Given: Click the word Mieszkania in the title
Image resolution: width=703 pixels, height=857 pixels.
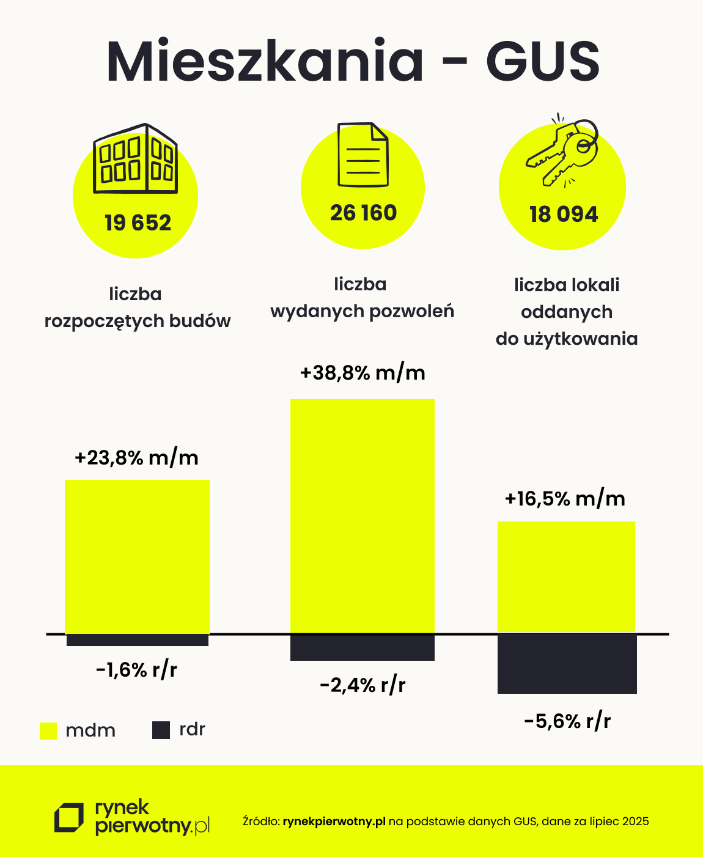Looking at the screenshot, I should (x=265, y=61).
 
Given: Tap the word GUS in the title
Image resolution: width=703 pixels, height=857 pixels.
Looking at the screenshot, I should (x=543, y=61).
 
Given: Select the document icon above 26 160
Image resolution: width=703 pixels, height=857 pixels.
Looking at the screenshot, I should (x=363, y=155).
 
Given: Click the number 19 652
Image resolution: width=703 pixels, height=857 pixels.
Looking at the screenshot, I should (x=138, y=223).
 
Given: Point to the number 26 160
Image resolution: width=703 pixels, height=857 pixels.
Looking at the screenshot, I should (x=363, y=213).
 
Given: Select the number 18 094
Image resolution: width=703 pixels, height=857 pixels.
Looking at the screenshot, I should (x=563, y=215).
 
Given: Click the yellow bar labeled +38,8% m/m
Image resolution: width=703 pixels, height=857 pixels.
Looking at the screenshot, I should (x=362, y=515).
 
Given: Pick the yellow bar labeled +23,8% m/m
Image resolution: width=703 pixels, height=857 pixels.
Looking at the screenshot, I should (x=137, y=556).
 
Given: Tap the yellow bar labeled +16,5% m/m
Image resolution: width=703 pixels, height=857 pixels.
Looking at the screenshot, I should (x=566, y=576).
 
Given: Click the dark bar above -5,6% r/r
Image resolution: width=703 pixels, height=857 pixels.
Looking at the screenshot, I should (x=567, y=664).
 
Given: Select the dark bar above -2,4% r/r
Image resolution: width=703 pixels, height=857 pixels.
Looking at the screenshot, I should (x=362, y=647).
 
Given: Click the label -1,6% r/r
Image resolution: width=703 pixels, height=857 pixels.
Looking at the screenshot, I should (x=136, y=670).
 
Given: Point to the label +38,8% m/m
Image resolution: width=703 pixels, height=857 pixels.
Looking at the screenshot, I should (x=363, y=373).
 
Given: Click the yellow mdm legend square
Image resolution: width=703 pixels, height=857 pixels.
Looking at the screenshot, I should (x=48, y=730).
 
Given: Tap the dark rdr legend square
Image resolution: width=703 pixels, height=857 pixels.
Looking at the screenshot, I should (x=161, y=730).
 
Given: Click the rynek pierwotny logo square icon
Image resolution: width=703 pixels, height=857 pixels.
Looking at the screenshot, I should (x=69, y=818).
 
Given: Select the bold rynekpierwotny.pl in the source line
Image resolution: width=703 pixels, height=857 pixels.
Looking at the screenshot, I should (x=334, y=822).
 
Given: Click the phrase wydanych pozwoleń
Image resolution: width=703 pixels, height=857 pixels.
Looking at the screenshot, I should (x=362, y=312).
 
